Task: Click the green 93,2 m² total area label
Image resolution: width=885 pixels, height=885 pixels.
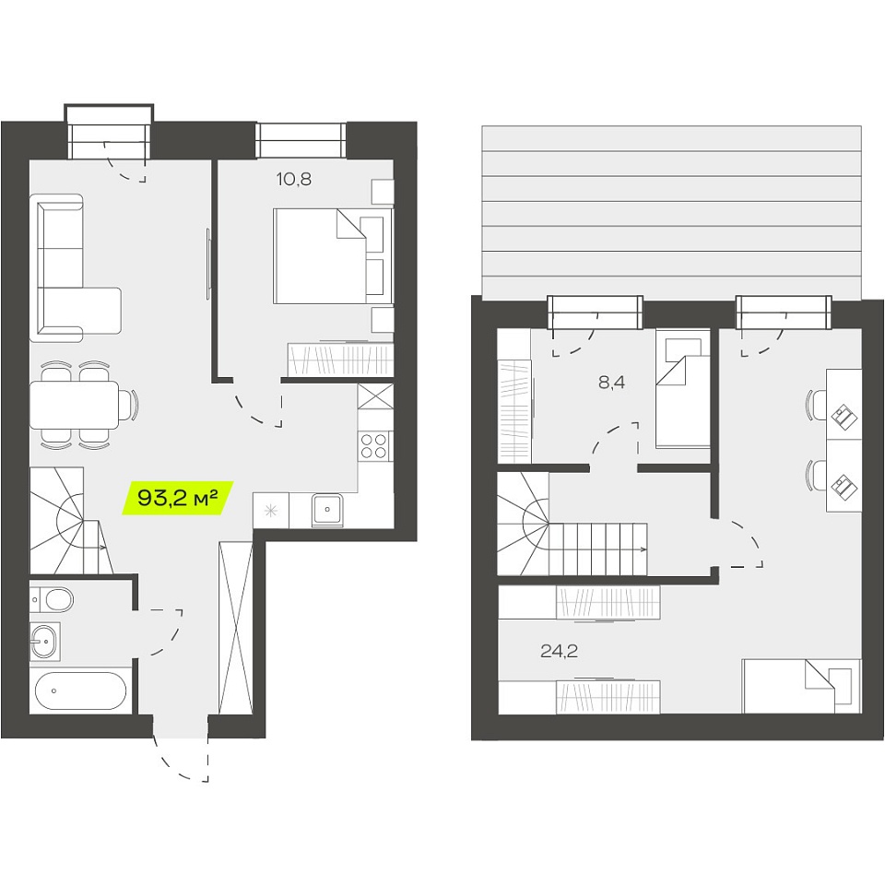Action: point(178,498)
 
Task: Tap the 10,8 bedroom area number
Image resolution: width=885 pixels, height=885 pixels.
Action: point(293,180)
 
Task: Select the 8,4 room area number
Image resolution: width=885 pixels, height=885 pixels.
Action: point(612,383)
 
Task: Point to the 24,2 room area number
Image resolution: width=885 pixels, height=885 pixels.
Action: point(559,652)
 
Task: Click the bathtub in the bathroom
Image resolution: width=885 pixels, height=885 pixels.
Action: point(80,690)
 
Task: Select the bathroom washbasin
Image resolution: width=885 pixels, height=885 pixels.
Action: point(44,641)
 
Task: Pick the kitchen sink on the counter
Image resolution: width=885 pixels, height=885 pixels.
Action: point(326,509)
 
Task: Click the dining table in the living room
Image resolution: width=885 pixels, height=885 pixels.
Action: point(74,405)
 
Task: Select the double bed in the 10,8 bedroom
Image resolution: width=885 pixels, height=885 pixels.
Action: point(333,255)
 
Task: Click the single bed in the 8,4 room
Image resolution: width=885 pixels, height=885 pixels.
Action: point(682,389)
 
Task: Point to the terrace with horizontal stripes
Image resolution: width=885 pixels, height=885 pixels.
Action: point(672,212)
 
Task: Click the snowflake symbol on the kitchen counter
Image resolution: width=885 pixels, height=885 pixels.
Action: point(271,512)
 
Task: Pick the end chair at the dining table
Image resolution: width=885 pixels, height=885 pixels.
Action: point(130,405)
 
